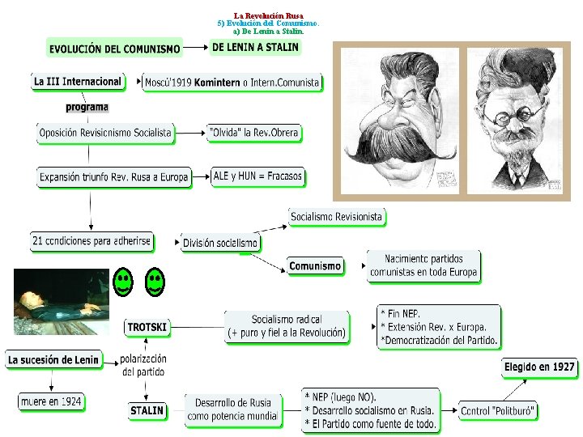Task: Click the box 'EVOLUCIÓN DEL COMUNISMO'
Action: (114, 49)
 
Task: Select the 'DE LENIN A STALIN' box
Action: (255, 47)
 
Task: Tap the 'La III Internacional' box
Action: (78, 81)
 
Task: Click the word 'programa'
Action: (87, 107)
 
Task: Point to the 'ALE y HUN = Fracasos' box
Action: (257, 176)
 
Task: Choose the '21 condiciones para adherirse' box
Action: (91, 240)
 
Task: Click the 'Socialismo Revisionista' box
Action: (336, 217)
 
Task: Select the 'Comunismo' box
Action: (315, 265)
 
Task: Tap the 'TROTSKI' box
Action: (147, 327)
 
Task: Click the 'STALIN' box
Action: (147, 410)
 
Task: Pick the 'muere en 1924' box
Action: (51, 401)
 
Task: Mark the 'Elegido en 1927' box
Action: (539, 367)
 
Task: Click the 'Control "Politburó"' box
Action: (498, 411)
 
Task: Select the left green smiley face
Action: (122, 282)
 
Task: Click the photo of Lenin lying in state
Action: (61, 302)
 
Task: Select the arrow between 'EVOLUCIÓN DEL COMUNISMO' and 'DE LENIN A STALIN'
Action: (195, 48)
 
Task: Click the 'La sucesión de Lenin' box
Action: (53, 359)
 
